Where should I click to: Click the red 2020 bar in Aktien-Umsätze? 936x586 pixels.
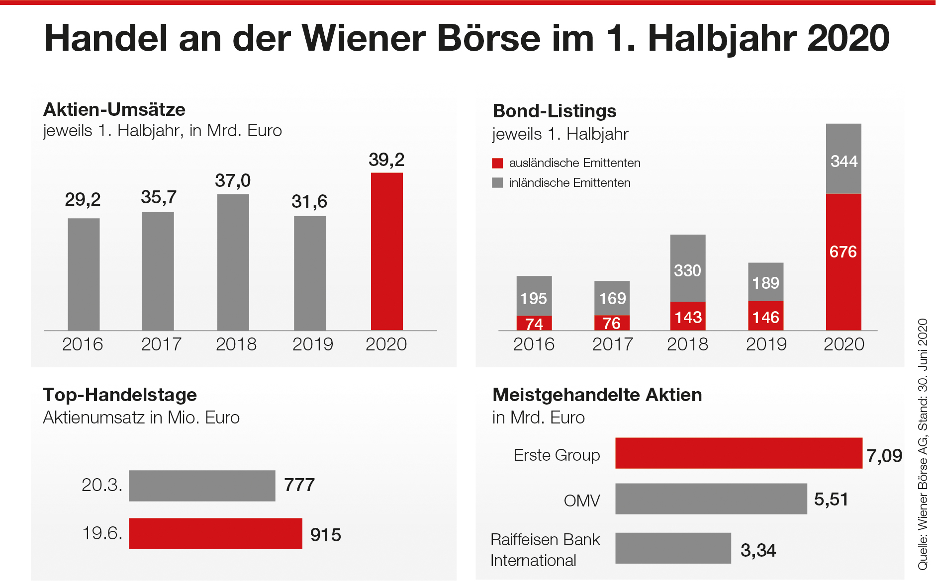click(x=386, y=251)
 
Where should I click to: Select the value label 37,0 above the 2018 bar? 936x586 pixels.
click(x=233, y=180)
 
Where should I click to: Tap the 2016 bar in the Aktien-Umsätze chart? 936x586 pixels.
click(x=84, y=274)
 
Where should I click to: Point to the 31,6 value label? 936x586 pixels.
click(x=309, y=201)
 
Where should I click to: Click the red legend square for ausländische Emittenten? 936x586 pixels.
click(x=497, y=163)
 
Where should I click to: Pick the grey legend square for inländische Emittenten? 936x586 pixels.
click(x=497, y=183)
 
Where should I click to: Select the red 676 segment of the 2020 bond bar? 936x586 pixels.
click(x=843, y=262)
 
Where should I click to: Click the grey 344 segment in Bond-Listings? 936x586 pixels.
click(x=843, y=159)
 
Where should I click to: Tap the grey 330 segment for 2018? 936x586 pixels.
click(x=688, y=268)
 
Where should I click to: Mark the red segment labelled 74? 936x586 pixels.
click(x=534, y=323)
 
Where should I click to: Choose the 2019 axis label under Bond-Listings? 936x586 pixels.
click(x=766, y=344)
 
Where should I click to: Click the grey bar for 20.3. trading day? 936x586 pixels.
click(x=202, y=486)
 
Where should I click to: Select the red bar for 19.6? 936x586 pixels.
click(x=215, y=533)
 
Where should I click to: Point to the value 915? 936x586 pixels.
click(x=326, y=535)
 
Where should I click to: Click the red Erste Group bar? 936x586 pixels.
click(x=739, y=453)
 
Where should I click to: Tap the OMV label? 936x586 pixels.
click(x=582, y=501)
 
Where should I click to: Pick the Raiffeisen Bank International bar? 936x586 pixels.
click(x=673, y=548)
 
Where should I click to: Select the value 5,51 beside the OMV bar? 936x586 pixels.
click(x=831, y=499)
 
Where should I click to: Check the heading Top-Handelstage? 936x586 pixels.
click(x=120, y=395)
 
